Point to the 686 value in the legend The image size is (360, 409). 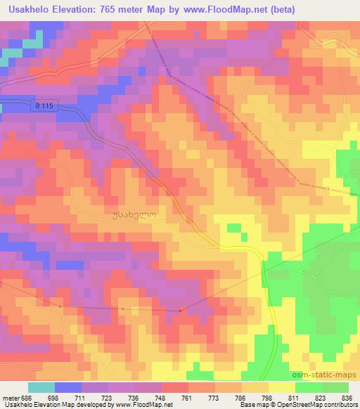pyautogui.click(x=26, y=398)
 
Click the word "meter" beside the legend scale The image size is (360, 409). pyautogui.click(x=10, y=398)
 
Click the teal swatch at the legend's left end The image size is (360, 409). pyautogui.click(x=41, y=387)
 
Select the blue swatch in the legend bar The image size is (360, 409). pyautogui.click(x=68, y=387)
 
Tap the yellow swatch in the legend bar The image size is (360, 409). pyautogui.click(x=282, y=387)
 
